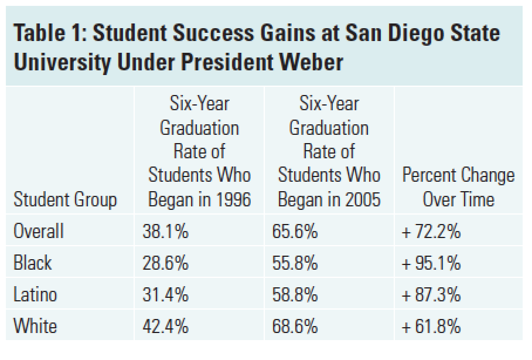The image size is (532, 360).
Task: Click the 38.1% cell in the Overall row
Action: [165, 232]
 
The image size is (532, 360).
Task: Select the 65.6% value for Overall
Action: [295, 232]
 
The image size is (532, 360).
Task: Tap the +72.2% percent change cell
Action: [431, 232]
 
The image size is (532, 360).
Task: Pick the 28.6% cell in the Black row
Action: [165, 263]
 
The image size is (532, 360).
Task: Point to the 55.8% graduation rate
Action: [295, 263]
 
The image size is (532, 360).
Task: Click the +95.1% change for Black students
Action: [431, 263]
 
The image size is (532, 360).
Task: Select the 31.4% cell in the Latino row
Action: [165, 294]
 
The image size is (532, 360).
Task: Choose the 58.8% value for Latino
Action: [295, 294]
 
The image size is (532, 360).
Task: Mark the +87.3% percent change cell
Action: [431, 294]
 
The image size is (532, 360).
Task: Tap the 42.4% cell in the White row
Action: [165, 325]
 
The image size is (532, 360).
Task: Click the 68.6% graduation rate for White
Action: [295, 325]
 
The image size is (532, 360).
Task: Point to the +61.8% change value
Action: [431, 325]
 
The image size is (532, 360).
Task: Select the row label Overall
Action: [38, 232]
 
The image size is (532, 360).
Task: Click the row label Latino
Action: [35, 294]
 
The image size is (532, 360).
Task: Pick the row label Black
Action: [32, 263]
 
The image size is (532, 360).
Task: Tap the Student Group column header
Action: [65, 200]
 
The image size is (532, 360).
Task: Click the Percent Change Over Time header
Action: [458, 188]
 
